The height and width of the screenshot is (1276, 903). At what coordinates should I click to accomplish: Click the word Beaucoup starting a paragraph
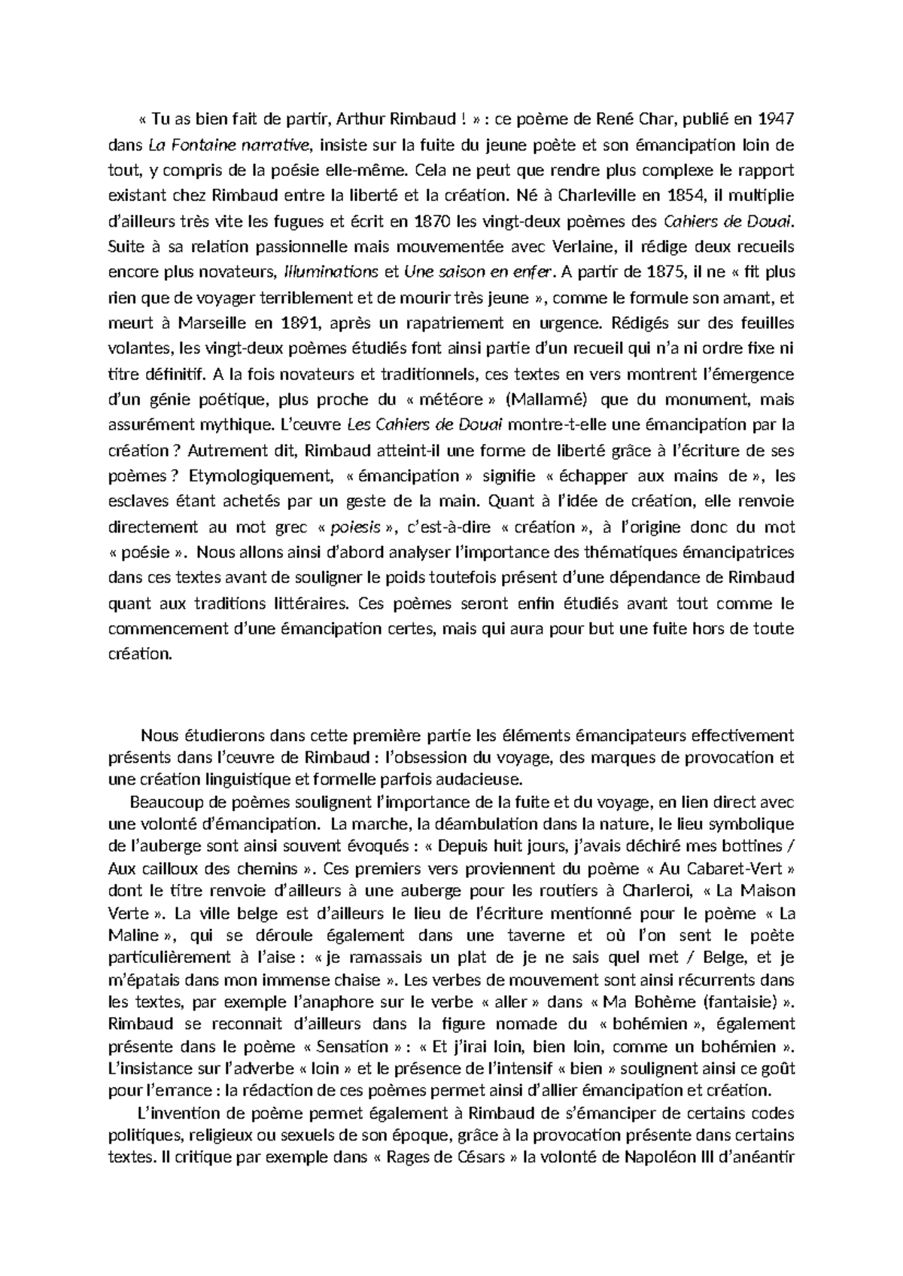tap(163, 803)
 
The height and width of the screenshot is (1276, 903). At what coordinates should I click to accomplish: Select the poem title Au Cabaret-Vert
tap(725, 868)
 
